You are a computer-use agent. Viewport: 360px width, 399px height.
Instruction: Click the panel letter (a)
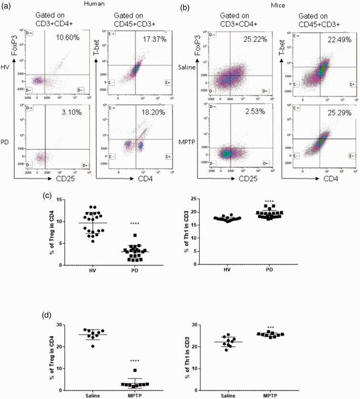pos(8,8)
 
